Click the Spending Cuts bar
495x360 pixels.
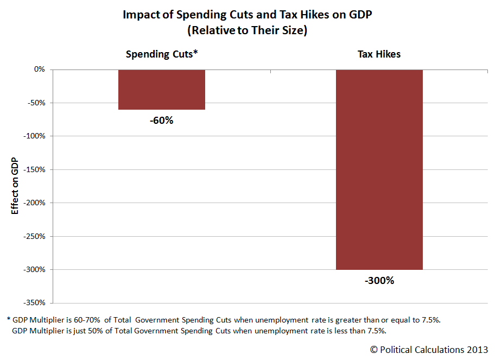pos(161,90)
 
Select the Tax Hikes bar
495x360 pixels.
pos(379,169)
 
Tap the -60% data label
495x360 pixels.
pos(161,121)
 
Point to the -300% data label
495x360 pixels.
pos(379,281)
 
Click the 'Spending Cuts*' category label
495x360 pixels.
pos(161,54)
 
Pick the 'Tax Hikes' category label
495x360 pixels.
pos(379,54)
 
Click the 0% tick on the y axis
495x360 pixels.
pos(39,70)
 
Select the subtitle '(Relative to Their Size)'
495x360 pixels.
pos(247,31)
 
